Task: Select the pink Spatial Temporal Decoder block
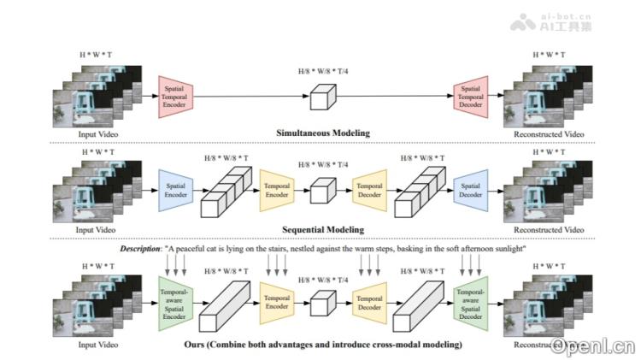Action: coord(471,94)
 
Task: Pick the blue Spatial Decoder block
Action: coord(471,189)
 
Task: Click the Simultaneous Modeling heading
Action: coord(323,134)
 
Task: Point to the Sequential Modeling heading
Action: coord(323,230)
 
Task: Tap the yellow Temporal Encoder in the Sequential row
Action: coord(277,189)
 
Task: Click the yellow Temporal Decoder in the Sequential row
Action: coord(369,189)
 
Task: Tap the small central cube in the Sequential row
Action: coord(321,191)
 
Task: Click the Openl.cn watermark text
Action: coord(592,345)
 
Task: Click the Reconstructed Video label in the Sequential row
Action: coord(548,230)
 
